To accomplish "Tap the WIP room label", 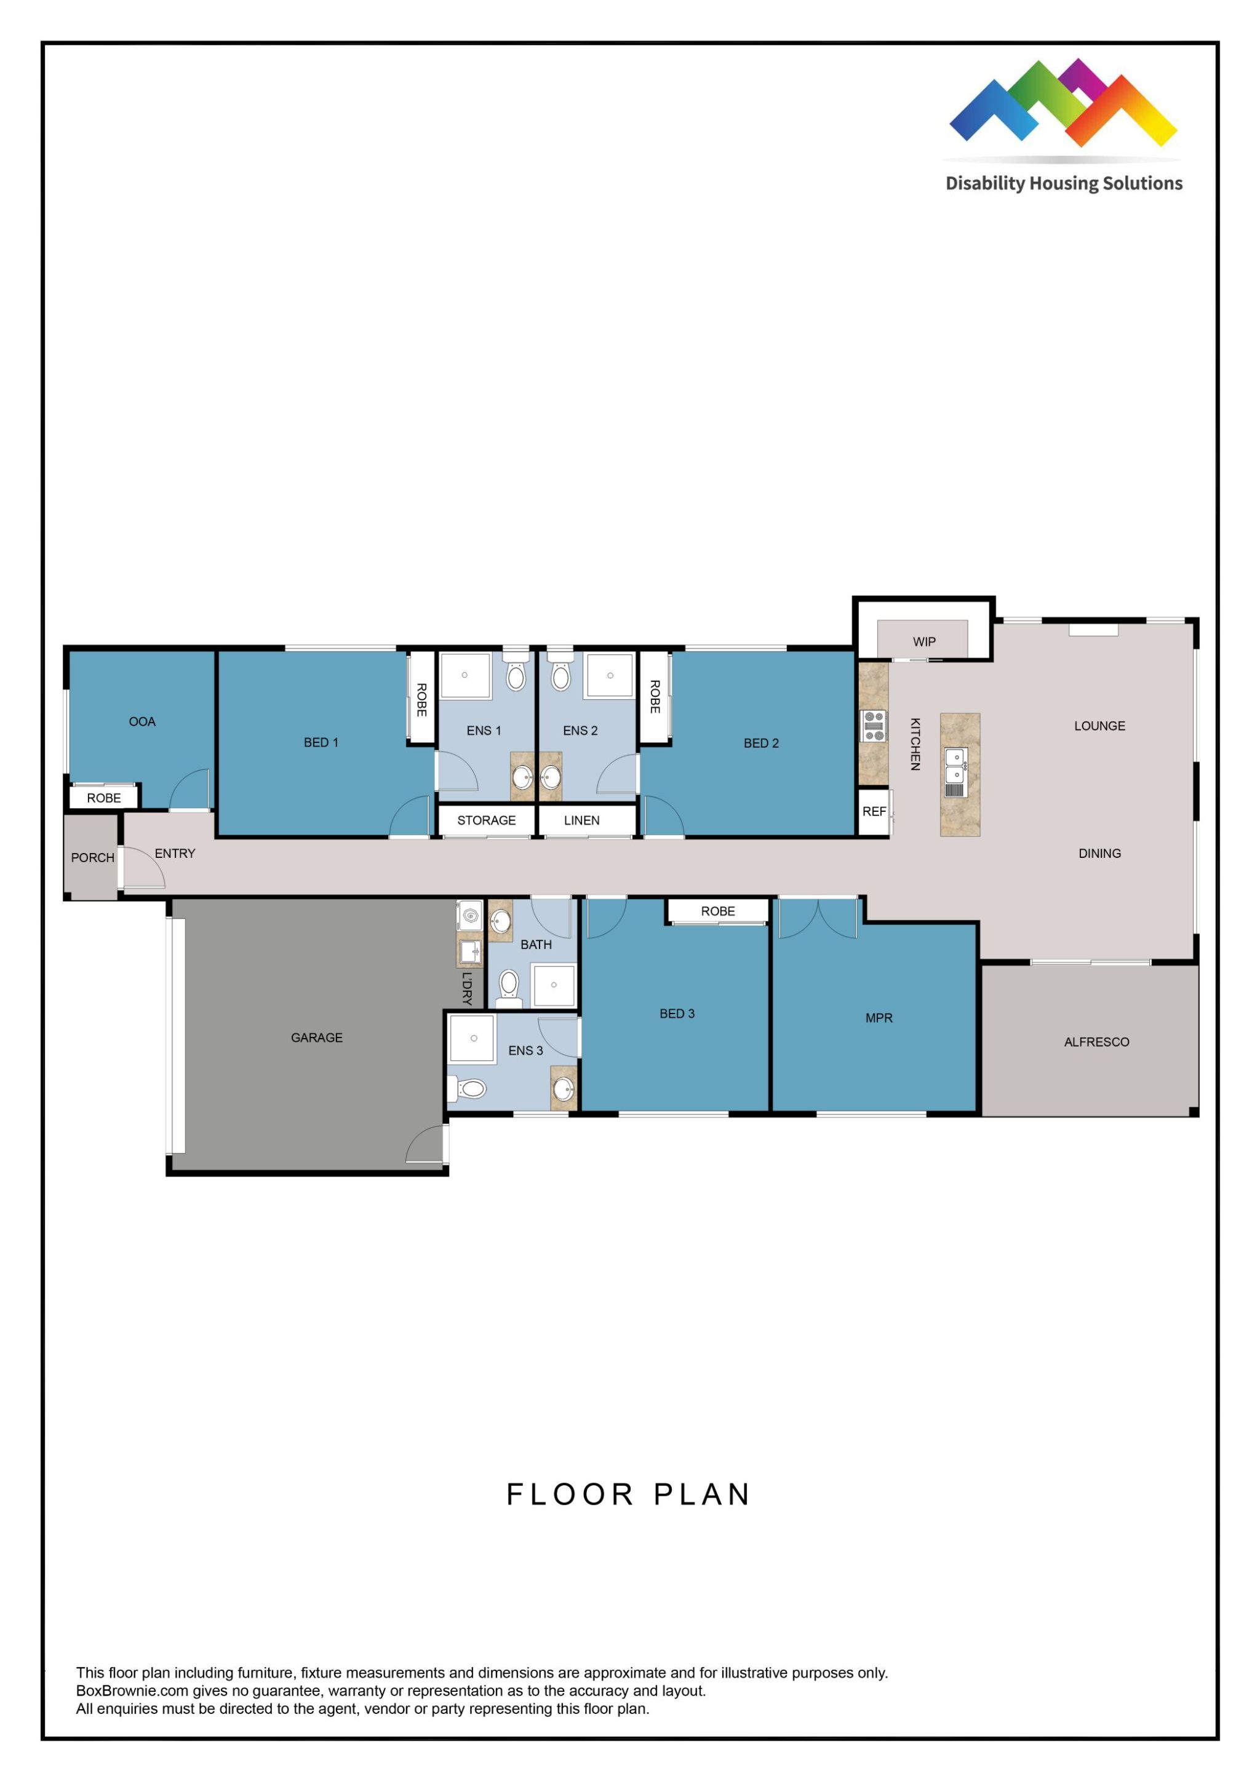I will [924, 641].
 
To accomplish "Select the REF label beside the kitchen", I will [874, 811].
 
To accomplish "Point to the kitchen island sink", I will [955, 764].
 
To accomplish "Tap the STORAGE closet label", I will [487, 820].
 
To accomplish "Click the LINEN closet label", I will [582, 820].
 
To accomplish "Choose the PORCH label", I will [92, 858].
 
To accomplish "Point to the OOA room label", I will [142, 722].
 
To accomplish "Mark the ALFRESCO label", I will [1096, 1042].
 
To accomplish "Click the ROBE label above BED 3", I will [718, 911].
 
